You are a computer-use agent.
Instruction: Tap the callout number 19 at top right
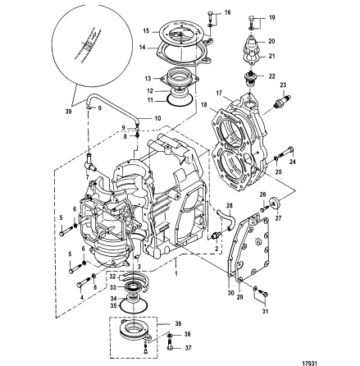click(272, 16)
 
